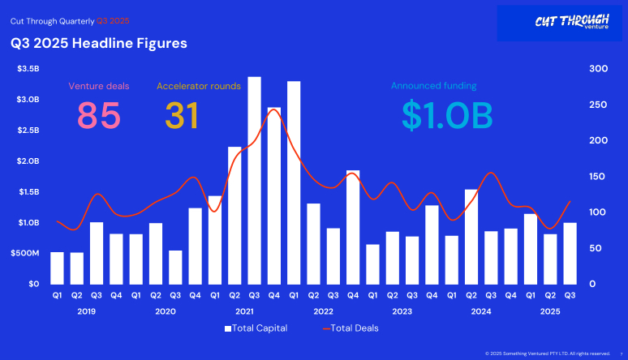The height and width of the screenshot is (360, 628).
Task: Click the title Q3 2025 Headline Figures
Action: click(x=98, y=43)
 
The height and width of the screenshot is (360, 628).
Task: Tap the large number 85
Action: click(x=99, y=115)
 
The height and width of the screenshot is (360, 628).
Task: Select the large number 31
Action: click(x=183, y=115)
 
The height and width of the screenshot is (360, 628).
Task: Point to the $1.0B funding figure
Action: click(x=447, y=115)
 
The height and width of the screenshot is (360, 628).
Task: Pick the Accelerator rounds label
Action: click(x=198, y=85)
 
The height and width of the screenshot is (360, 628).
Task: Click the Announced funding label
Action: click(x=433, y=85)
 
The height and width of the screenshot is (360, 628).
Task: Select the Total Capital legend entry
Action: click(x=256, y=328)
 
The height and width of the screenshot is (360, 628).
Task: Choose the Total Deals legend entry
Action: click(x=351, y=328)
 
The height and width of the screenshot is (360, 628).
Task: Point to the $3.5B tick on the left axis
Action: click(x=28, y=69)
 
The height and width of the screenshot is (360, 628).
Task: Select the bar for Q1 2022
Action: click(x=294, y=182)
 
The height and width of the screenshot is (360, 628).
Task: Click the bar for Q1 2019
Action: click(x=57, y=268)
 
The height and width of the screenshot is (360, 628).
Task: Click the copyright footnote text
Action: click(x=548, y=354)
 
